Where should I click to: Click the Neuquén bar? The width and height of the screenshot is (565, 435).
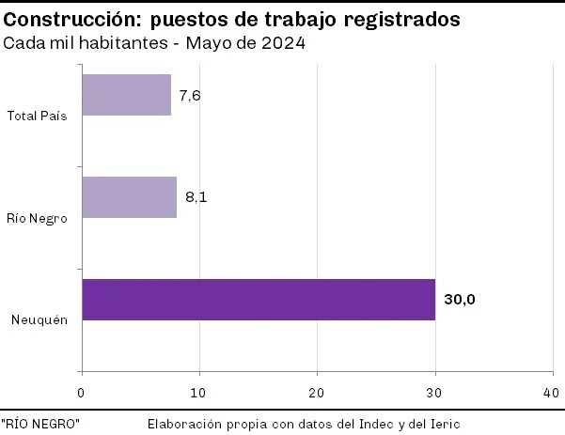pyautogui.click(x=259, y=300)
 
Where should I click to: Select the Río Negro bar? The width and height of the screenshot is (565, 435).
pyautogui.click(x=130, y=197)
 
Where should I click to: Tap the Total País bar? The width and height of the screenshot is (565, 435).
pyautogui.click(x=127, y=95)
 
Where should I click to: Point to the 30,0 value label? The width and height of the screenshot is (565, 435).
pyautogui.click(x=461, y=300)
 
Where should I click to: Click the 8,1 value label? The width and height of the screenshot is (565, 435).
pyautogui.click(x=196, y=197)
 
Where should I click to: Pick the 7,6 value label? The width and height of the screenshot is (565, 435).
pyautogui.click(x=190, y=95)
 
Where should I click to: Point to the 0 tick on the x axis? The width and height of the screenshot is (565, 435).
pyautogui.click(x=82, y=391)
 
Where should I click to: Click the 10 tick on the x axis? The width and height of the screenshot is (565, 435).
pyautogui.click(x=199, y=391)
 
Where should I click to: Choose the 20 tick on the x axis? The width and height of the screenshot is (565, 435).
pyautogui.click(x=317, y=391)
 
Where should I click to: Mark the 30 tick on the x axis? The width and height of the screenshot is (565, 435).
pyautogui.click(x=434, y=391)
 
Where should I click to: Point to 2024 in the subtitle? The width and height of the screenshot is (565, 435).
pyautogui.click(x=285, y=43)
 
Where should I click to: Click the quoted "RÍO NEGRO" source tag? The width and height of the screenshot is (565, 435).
pyautogui.click(x=40, y=424)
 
